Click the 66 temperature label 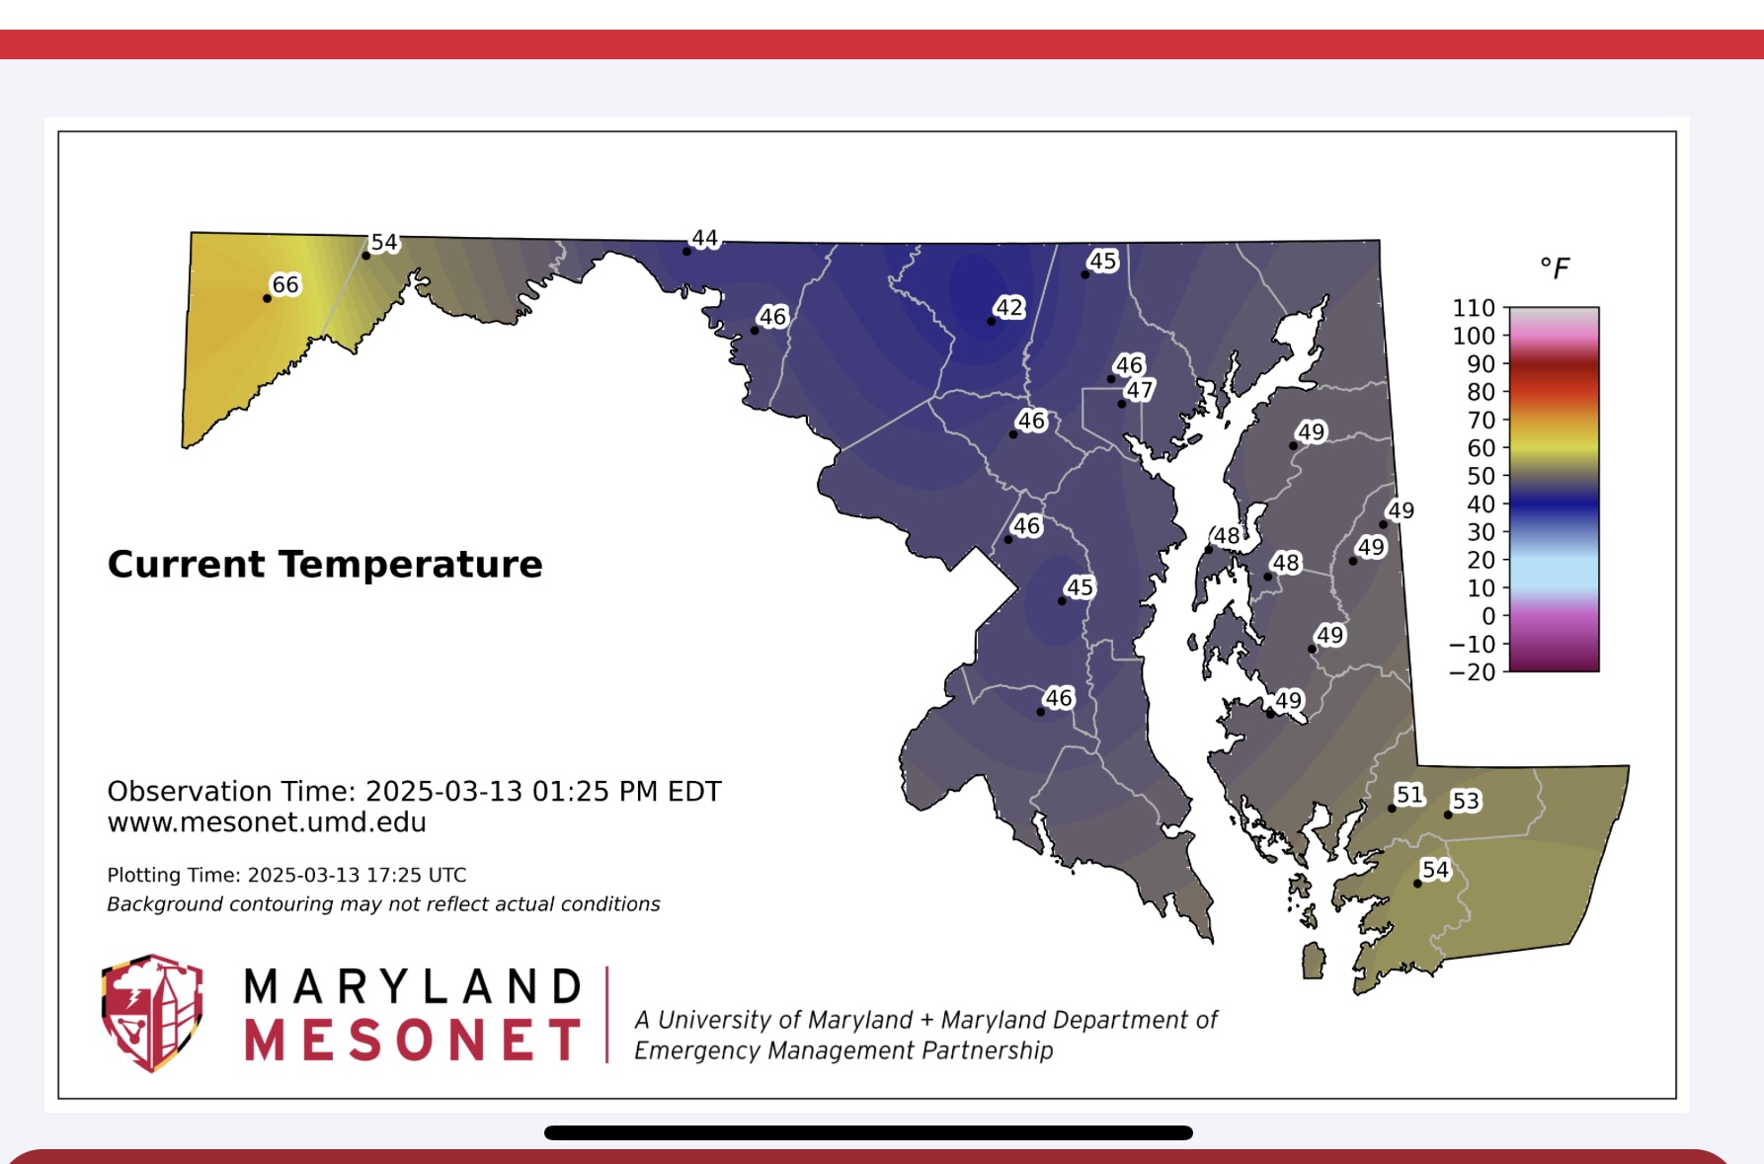pos(285,284)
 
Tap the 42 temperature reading pos(1009,307)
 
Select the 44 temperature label pos(705,238)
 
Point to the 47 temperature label pos(1140,390)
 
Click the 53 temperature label pos(1466,801)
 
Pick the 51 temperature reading pos(1409,795)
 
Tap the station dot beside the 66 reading pos(267,298)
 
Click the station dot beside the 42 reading pos(991,321)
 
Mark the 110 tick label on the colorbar pos(1474,308)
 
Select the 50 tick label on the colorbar pos(1482,476)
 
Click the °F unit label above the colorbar pos(1555,268)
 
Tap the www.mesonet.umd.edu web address pos(267,822)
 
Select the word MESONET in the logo pos(413,1041)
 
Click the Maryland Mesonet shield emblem pos(152,1012)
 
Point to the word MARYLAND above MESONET pos(413,986)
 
